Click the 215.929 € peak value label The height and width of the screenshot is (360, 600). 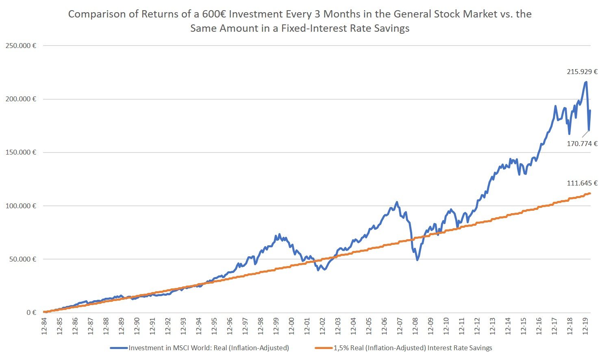point(582,72)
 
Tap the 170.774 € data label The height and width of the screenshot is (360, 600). point(582,144)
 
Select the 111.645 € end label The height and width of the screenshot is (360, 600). point(582,183)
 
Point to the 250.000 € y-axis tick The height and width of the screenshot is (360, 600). point(21,46)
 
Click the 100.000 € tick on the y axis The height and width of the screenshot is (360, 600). point(21,206)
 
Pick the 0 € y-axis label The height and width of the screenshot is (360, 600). point(31,312)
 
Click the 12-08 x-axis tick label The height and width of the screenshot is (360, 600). point(415,325)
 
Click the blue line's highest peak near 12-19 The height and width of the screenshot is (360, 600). point(586,82)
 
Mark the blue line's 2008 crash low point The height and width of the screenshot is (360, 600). point(417,260)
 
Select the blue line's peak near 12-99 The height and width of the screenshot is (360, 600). point(279,234)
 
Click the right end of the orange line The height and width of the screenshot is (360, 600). point(589,193)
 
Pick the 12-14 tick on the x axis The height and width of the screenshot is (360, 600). point(508,325)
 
